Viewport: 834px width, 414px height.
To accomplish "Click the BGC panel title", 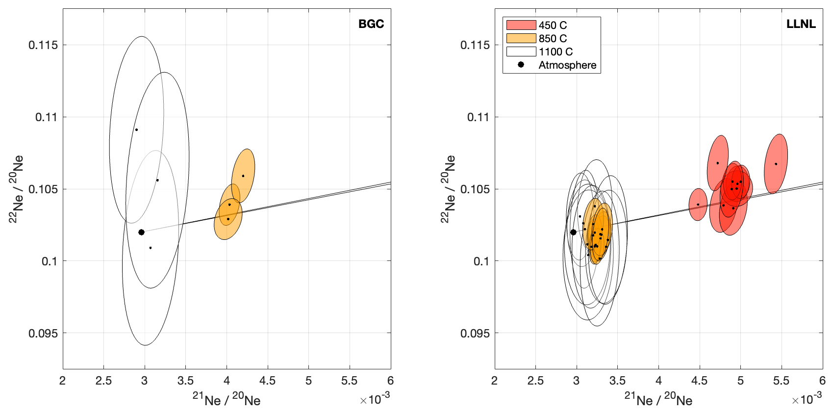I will (371, 24).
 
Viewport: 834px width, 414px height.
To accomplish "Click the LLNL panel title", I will (801, 24).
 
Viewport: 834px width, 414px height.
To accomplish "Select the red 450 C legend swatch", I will (521, 25).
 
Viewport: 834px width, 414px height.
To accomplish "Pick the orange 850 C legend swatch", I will (521, 38).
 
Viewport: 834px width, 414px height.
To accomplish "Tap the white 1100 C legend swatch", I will (521, 52).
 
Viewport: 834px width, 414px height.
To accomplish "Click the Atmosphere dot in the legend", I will (521, 65).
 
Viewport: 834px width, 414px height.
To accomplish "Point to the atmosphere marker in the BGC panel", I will (141, 232).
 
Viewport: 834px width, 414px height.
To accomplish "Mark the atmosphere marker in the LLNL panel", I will (573, 232).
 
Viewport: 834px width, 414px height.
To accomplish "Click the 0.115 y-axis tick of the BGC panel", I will (43, 45).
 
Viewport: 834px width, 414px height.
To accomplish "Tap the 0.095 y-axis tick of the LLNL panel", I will (475, 334).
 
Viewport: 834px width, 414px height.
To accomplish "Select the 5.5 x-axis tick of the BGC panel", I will (349, 381).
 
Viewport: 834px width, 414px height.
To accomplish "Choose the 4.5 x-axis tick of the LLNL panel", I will (699, 381).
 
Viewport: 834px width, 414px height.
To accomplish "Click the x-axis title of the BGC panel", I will (226, 400).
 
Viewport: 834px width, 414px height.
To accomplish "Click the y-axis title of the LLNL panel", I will (448, 189).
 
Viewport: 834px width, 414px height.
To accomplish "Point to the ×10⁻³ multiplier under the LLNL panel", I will (807, 399).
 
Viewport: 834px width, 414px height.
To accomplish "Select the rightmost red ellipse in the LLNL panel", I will (776, 164).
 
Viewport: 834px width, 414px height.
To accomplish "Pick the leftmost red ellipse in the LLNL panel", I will (698, 205).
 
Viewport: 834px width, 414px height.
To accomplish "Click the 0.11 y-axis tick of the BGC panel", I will (46, 117).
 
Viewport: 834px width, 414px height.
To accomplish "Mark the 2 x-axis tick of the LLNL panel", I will (494, 381).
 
